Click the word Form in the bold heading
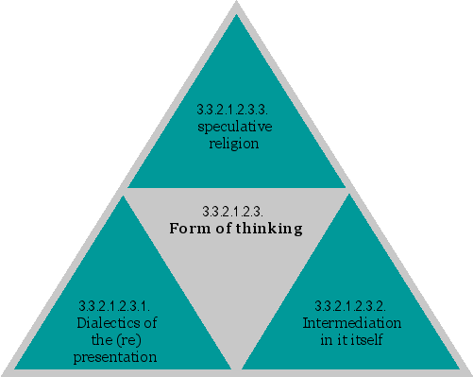click(187, 228)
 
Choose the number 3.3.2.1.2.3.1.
click(117, 306)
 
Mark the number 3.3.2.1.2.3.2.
click(350, 306)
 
